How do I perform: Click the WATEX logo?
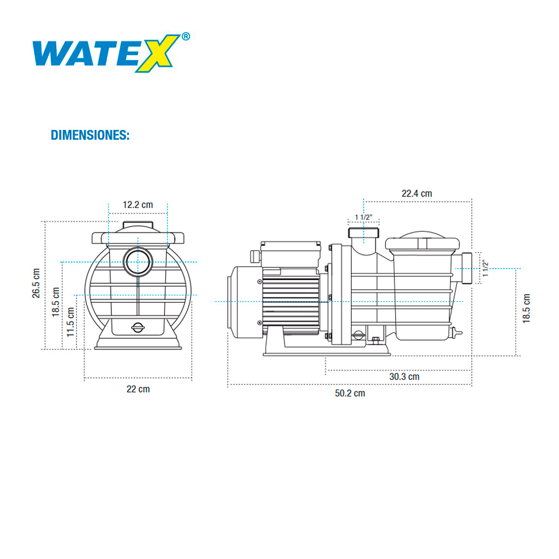click(x=106, y=53)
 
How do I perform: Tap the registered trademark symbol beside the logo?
click(x=186, y=37)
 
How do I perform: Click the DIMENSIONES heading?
click(x=90, y=135)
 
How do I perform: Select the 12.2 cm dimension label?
click(x=138, y=205)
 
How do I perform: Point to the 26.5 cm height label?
click(x=37, y=283)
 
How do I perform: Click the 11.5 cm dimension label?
click(x=71, y=321)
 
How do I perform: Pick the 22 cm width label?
click(x=138, y=389)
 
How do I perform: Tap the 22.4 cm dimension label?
click(x=417, y=193)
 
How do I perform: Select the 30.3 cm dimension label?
click(x=404, y=376)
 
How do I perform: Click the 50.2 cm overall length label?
click(x=350, y=393)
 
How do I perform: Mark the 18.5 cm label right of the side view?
click(x=526, y=308)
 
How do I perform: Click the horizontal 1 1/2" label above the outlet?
click(x=364, y=217)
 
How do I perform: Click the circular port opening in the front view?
click(x=138, y=262)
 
